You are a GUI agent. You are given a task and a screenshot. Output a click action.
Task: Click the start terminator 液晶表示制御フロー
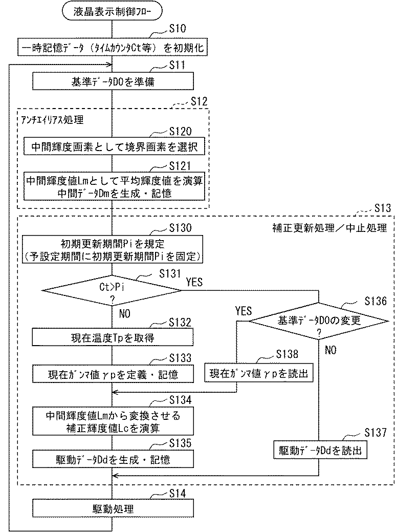tap(112, 12)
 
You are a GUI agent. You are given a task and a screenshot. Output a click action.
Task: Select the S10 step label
tap(178, 29)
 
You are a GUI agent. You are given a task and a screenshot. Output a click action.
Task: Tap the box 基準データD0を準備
tap(113, 81)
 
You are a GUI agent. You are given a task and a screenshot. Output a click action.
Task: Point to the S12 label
tap(199, 101)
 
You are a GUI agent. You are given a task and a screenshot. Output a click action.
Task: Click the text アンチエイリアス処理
tap(52, 120)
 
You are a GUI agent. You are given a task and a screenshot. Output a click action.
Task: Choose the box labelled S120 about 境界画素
tap(114, 146)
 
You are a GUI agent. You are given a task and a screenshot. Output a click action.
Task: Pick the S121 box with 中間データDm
tap(114, 186)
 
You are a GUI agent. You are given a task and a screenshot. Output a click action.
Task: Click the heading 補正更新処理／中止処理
tap(330, 228)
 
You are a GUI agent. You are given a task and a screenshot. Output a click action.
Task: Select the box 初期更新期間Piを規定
tap(113, 249)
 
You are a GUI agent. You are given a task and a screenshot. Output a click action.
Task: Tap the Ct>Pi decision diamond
tap(112, 290)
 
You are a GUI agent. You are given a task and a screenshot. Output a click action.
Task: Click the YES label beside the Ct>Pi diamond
tap(194, 282)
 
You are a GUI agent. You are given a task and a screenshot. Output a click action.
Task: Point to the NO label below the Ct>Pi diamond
tap(125, 313)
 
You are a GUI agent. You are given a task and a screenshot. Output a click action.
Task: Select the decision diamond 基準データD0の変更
tap(319, 321)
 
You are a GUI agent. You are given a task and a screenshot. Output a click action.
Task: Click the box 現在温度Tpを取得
tap(113, 337)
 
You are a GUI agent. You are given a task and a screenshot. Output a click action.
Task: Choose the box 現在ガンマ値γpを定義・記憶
tap(113, 374)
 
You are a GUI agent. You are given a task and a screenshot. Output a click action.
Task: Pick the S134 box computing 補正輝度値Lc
tap(113, 421)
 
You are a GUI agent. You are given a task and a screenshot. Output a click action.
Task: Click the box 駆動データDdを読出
tap(320, 450)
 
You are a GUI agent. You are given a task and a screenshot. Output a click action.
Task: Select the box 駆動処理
tap(113, 508)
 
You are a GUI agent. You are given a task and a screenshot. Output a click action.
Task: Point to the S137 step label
tap(376, 432)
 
